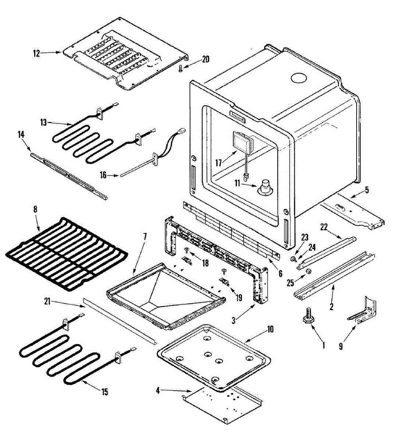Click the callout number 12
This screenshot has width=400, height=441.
[36, 53]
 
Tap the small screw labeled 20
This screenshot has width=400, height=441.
[181, 69]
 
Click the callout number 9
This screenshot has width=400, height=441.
[341, 346]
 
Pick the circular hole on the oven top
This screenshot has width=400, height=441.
[298, 78]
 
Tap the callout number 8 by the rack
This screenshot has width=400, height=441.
[35, 210]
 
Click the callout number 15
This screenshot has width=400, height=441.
[105, 392]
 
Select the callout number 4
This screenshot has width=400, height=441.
[158, 390]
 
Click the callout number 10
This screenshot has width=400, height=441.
[270, 329]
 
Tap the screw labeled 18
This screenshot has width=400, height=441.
[187, 251]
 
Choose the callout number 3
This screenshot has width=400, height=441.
[233, 320]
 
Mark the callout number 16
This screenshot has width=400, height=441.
[103, 175]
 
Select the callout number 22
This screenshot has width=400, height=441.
[324, 227]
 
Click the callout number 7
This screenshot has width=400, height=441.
[145, 236]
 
